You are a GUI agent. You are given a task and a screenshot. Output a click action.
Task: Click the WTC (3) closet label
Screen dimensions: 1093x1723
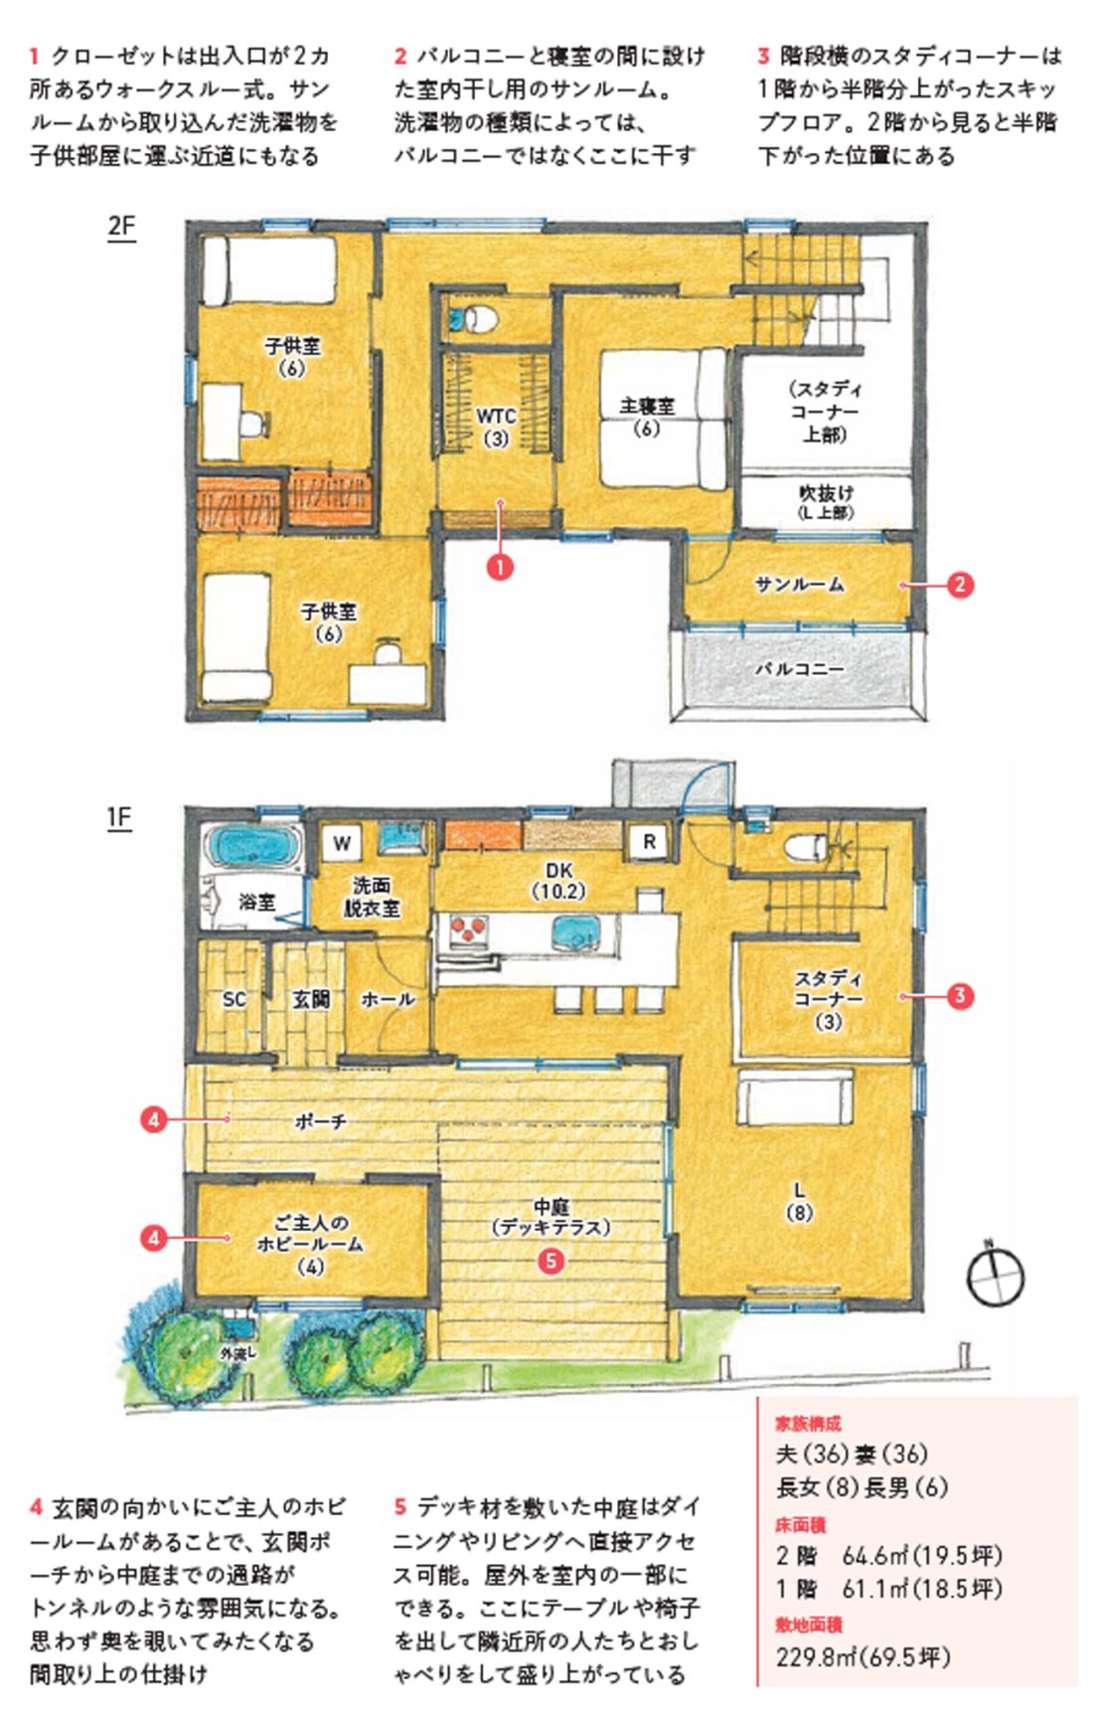[x=496, y=427]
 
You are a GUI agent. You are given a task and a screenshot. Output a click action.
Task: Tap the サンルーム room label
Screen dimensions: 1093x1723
[x=800, y=585]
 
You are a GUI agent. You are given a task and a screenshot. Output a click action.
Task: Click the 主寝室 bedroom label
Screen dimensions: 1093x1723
[x=647, y=417]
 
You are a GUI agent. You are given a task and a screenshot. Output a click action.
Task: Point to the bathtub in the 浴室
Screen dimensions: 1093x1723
[x=253, y=848]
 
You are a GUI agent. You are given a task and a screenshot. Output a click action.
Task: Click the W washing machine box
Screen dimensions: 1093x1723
[x=342, y=843]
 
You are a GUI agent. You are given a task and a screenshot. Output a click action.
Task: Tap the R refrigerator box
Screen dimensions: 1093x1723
[x=649, y=842]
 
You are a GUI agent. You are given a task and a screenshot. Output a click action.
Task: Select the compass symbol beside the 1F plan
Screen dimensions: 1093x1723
[x=996, y=1276]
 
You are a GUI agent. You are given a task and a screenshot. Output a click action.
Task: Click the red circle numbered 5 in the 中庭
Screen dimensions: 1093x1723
[x=551, y=1261]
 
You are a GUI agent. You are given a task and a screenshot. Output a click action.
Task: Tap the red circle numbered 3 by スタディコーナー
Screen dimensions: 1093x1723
[x=960, y=995]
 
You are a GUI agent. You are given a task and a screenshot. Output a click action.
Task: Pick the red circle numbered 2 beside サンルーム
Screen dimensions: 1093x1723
[x=960, y=585]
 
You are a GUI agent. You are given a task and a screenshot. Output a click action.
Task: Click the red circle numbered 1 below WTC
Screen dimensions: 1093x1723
[x=500, y=567]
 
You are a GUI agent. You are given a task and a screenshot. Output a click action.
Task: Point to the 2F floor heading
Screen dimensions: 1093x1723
[x=121, y=227]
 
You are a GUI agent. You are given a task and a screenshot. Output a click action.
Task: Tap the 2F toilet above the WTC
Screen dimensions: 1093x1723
[x=474, y=319]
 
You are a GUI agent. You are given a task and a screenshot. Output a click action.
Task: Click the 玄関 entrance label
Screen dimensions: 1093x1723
[x=310, y=999]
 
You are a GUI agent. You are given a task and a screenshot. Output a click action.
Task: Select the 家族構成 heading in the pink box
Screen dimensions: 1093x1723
[x=808, y=1424]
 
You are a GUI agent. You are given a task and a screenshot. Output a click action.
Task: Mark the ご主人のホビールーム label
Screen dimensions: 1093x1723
[x=310, y=1244]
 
